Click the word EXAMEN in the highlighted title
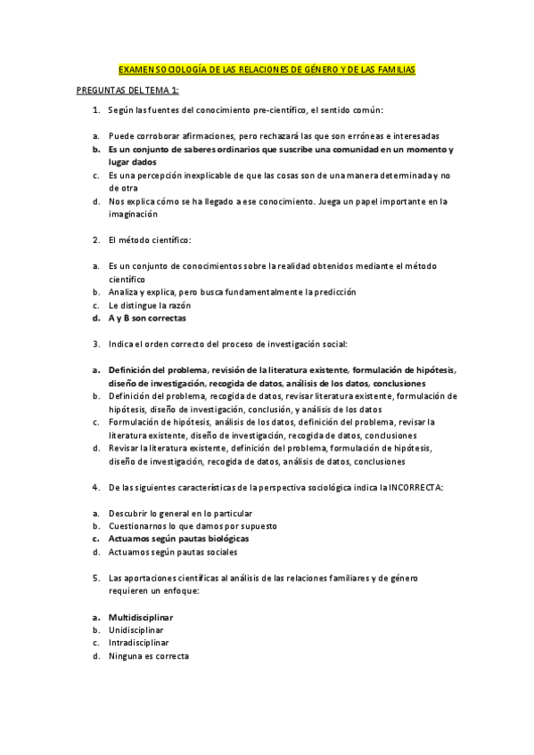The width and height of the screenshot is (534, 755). tap(136, 69)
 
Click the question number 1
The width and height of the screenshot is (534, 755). tap(95, 110)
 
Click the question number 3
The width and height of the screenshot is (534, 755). tap(95, 343)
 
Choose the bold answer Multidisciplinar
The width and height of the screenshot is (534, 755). tap(141, 617)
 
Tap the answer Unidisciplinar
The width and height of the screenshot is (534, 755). tap(137, 629)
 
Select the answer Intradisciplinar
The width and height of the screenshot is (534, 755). tap(138, 643)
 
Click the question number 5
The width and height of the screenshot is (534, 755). tap(95, 578)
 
